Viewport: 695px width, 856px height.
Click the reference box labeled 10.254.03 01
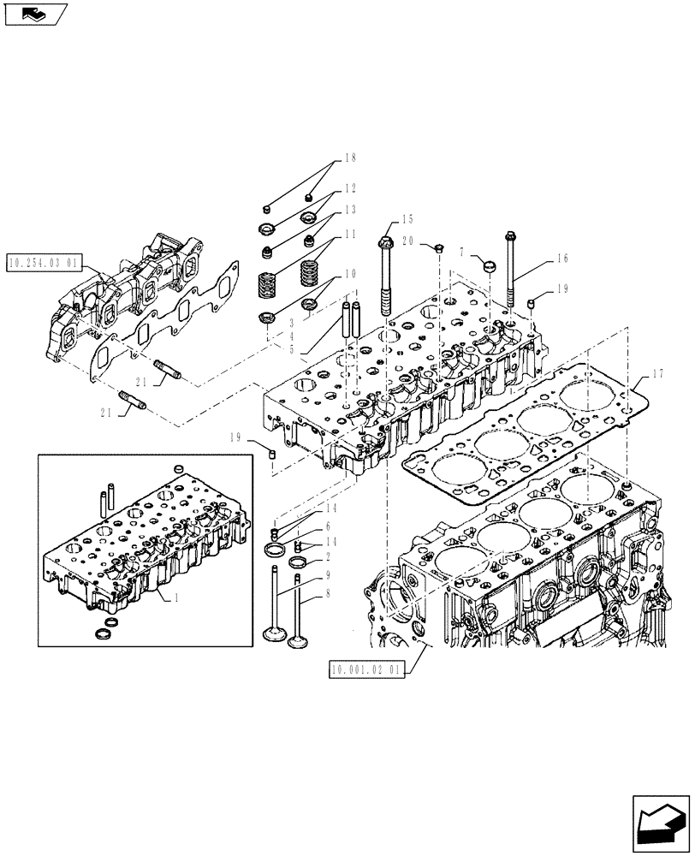tap(45, 262)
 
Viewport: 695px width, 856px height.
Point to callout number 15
tap(407, 220)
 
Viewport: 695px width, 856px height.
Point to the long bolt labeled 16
tap(511, 274)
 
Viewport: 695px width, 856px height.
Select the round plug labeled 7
tap(488, 265)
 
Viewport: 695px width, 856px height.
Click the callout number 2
tap(327, 556)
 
